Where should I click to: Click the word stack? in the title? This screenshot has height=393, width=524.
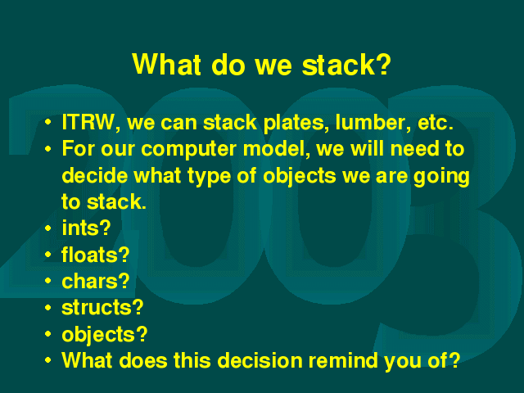[346, 64]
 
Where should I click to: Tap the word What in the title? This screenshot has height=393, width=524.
[167, 64]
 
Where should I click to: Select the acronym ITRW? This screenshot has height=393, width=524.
[88, 122]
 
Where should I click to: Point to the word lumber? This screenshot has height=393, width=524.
[373, 122]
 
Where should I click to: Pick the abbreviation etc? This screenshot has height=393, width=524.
[436, 123]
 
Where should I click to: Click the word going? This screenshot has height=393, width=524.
[441, 177]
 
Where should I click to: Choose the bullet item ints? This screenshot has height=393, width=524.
[86, 228]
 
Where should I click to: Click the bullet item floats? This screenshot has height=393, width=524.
[96, 255]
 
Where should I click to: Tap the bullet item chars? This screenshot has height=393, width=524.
[96, 281]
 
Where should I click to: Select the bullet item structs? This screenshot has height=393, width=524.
[102, 308]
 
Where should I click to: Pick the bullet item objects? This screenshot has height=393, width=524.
[105, 335]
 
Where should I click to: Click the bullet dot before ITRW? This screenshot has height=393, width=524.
[48, 122]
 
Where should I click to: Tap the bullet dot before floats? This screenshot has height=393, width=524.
[48, 255]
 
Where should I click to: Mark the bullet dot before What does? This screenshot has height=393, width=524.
[48, 360]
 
